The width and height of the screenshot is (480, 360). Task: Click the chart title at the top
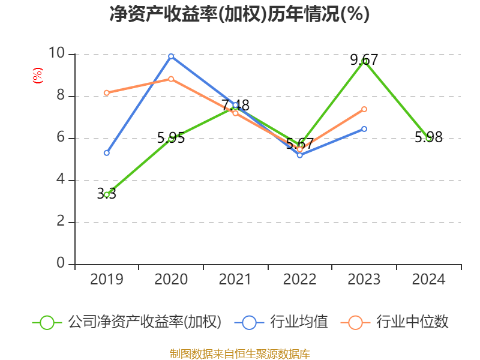point(239,14)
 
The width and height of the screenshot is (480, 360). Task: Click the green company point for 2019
point(107,194)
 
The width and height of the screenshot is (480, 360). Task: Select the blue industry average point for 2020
point(171,56)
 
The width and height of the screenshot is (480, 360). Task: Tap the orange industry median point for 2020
point(171,79)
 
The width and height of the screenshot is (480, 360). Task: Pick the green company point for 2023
point(364,61)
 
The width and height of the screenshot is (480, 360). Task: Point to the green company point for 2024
point(428,138)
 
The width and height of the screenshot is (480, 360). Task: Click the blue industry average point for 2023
point(364,129)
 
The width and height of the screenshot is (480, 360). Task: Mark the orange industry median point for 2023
point(364,109)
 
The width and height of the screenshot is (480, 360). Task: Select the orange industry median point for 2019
point(107,93)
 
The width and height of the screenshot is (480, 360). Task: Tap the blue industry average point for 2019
point(107,153)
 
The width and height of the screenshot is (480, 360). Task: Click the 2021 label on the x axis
point(235,280)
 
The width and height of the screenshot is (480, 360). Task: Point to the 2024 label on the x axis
point(428,280)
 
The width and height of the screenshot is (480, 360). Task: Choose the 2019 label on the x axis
point(107,280)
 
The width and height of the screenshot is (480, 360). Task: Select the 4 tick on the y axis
point(61,180)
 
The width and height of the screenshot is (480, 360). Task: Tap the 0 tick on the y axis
point(61,263)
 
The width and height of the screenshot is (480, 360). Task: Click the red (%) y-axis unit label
point(38,76)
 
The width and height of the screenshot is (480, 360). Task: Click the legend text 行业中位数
point(412,322)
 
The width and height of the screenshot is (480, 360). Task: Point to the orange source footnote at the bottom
point(239,353)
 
